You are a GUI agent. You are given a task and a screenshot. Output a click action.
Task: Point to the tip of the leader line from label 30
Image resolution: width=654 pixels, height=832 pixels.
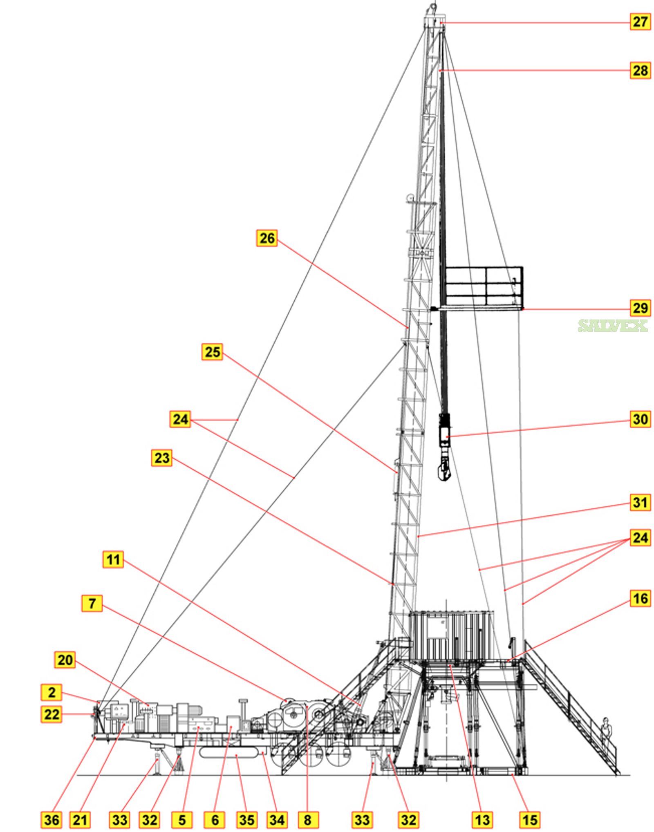point(447,437)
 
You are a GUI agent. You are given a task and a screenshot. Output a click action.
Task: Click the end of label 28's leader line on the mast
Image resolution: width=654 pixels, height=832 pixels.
point(440,71)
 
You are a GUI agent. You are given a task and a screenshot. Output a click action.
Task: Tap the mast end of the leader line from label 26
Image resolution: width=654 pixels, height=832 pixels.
point(408,327)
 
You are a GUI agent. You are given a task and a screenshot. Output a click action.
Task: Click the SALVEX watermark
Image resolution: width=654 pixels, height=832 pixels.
point(613,325)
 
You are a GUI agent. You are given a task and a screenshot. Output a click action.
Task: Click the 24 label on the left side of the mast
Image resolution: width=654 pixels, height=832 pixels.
point(180,419)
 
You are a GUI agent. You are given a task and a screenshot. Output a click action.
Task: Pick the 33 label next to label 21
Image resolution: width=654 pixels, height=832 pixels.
point(120,819)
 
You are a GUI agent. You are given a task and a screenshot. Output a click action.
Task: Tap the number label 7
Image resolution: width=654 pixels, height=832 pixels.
point(92,603)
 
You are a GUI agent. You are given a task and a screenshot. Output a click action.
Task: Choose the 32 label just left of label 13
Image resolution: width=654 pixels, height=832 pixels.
point(408,819)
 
